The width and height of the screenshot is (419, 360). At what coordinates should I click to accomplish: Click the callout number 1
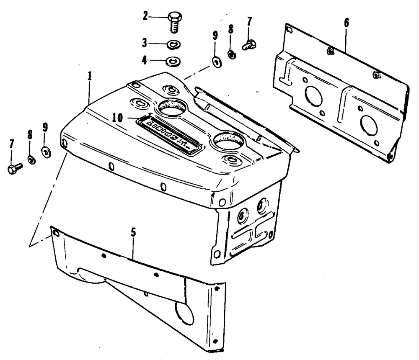coord(89,77)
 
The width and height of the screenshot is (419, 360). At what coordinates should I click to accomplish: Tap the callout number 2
coord(145,17)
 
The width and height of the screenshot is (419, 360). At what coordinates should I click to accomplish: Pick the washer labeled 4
coord(172,61)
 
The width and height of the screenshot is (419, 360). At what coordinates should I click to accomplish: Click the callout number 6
coord(347,23)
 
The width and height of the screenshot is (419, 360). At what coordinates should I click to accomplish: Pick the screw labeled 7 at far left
coord(14,168)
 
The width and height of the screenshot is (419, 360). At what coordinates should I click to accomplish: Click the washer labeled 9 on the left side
coord(46,152)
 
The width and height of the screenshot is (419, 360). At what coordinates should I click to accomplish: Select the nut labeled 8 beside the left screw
coord(31,159)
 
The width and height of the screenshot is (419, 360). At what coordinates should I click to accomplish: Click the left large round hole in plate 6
coord(314,96)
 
